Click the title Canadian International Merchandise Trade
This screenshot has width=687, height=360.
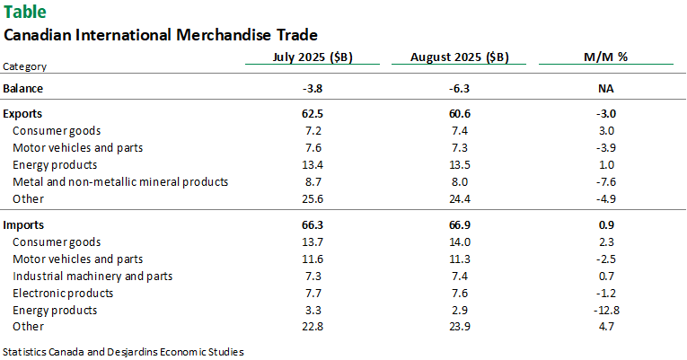161,36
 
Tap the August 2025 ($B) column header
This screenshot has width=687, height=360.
459,57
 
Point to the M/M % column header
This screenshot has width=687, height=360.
605,57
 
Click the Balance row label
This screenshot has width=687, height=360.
23,88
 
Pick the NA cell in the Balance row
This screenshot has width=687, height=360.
605,88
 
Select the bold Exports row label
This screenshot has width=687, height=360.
23,114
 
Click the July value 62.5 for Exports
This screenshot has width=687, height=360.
313,114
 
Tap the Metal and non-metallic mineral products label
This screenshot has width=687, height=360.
120,181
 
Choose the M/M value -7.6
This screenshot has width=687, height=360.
605,181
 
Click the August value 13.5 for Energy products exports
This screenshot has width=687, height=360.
459,164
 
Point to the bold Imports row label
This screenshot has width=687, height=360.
24,224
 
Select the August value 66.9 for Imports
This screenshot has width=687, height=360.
459,224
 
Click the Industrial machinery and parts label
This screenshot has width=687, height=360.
92,276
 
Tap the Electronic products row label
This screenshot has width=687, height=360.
63,293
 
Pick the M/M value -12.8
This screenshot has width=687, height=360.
605,310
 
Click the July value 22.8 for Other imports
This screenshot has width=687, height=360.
313,327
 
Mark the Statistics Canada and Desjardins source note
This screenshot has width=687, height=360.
123,351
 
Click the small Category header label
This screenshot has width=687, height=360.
25,66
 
